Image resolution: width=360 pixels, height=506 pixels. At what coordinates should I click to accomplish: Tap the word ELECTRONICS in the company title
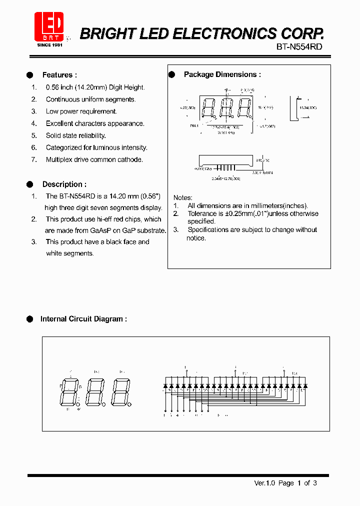click(x=221, y=33)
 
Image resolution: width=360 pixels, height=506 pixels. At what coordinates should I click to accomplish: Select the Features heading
click(x=59, y=75)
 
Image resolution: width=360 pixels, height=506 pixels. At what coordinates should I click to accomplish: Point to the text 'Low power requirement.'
click(x=81, y=111)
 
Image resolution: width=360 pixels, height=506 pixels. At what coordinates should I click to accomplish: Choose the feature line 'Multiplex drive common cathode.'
click(x=94, y=159)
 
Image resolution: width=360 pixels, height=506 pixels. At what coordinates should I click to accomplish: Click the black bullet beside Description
click(x=30, y=184)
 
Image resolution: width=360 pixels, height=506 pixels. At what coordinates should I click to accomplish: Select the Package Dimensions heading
click(x=222, y=74)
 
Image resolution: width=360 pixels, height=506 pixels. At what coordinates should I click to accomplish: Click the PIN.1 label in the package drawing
click(x=193, y=126)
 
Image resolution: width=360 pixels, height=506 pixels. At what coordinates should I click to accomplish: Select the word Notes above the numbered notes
click(x=182, y=197)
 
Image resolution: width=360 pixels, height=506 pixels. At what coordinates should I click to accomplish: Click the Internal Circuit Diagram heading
click(x=83, y=319)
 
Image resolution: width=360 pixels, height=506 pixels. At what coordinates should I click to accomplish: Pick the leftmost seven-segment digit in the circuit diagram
click(x=68, y=391)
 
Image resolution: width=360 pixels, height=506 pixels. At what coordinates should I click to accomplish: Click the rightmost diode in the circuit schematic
click(x=305, y=386)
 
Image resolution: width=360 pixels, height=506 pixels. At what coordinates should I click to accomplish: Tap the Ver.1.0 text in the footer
click(x=264, y=483)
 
